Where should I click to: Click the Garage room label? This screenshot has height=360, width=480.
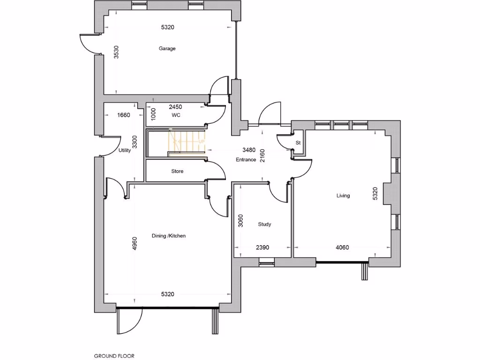(167, 48)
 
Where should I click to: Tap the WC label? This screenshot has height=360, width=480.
(176, 115)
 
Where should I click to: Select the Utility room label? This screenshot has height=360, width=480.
(124, 150)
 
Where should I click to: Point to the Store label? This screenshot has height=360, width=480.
(177, 172)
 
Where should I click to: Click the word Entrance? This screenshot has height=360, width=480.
(246, 160)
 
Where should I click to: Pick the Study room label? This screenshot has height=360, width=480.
(264, 225)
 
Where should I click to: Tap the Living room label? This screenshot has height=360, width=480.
(343, 195)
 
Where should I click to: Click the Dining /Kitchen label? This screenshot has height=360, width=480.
(168, 236)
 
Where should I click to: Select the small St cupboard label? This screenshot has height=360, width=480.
(298, 142)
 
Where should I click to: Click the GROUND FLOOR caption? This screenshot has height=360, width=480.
(114, 356)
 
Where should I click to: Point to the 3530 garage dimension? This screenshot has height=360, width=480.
(117, 52)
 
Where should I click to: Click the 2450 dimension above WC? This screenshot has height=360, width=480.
(175, 107)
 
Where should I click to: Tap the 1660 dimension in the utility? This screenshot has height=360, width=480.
(123, 115)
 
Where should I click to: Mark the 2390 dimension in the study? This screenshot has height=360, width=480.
(262, 247)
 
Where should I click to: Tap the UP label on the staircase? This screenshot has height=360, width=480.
(202, 142)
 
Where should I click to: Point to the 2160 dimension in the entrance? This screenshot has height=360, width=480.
(262, 155)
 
